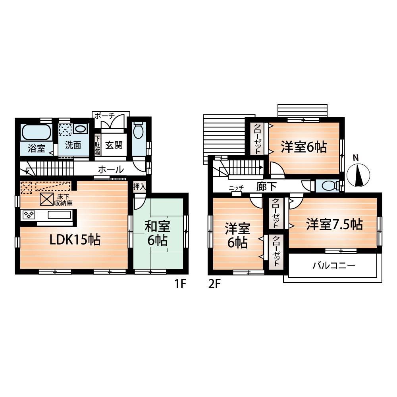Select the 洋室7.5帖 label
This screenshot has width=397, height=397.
point(334,225)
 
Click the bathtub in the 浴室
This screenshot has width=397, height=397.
point(36,131)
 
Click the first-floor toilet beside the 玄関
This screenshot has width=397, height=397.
point(139,131)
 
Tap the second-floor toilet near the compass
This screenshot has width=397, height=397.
point(328,186)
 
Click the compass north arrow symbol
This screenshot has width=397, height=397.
point(358,175)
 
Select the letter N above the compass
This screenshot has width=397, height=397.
point(356,158)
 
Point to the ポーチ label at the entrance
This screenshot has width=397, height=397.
point(104,115)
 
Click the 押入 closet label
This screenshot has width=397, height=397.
point(139,186)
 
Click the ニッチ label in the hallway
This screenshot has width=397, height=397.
point(236,188)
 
